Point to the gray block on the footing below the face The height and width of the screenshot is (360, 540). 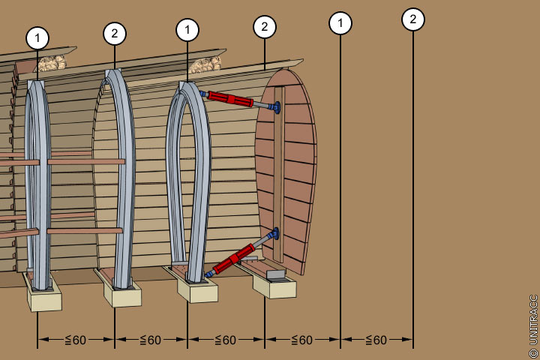276,275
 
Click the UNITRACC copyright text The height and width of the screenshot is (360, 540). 533,325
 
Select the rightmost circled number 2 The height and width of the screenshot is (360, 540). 412,19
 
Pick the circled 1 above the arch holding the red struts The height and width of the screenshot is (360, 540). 187,30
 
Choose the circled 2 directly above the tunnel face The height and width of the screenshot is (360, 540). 264,28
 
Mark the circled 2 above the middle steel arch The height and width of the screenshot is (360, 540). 115,33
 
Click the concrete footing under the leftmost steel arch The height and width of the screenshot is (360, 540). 44,297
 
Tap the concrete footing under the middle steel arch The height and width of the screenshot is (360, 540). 122,294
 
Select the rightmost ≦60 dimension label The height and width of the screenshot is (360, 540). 376,340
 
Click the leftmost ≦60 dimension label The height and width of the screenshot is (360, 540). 75,340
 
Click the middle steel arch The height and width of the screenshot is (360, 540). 122,172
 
